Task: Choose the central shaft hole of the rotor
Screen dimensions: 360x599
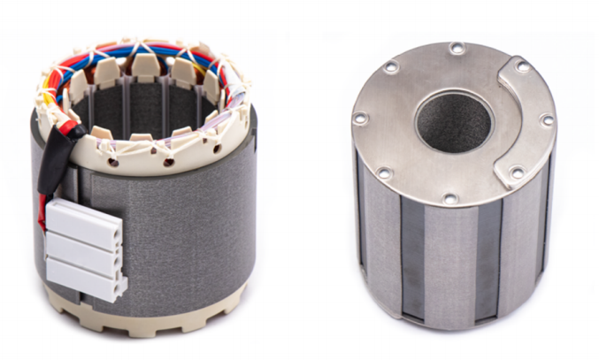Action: click(454, 120)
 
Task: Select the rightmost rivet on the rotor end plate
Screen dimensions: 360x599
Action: click(548, 120)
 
